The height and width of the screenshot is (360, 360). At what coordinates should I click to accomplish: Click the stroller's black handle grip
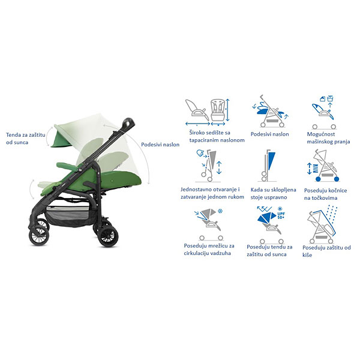[128, 124]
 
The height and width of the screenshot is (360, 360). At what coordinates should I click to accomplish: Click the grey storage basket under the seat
[68, 214]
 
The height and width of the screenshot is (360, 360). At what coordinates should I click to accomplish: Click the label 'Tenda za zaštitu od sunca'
[25, 139]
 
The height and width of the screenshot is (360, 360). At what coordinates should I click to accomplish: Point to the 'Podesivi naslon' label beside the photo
[160, 145]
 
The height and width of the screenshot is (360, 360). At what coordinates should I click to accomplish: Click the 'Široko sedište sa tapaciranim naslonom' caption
[217, 136]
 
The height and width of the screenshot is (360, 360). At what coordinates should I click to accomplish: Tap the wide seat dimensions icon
[208, 112]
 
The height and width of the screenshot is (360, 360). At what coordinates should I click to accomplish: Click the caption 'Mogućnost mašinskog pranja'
[328, 138]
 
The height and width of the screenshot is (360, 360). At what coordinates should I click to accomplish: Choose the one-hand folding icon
[209, 166]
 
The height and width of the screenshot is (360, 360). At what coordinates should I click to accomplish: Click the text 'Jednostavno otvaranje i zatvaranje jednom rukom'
[212, 193]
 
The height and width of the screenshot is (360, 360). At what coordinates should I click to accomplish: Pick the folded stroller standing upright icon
[268, 166]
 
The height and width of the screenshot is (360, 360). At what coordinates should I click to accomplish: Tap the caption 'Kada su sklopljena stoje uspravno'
[273, 194]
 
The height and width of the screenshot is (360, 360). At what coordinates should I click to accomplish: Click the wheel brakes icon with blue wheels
[323, 166]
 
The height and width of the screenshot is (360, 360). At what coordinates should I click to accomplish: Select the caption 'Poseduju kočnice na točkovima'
[325, 194]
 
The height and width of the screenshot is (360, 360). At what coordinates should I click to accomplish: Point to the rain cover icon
[322, 225]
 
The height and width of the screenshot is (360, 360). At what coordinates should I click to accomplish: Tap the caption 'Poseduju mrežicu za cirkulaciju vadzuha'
[209, 250]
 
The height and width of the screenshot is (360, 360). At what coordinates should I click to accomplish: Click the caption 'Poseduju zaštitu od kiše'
[326, 251]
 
